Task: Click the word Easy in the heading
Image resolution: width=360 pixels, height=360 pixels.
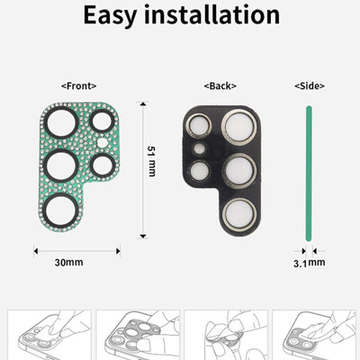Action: tap(114, 15)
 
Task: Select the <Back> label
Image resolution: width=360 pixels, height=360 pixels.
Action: tap(220, 86)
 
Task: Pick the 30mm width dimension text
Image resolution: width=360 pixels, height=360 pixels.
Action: tap(69, 263)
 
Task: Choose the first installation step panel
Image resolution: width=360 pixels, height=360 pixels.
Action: tap(46, 335)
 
